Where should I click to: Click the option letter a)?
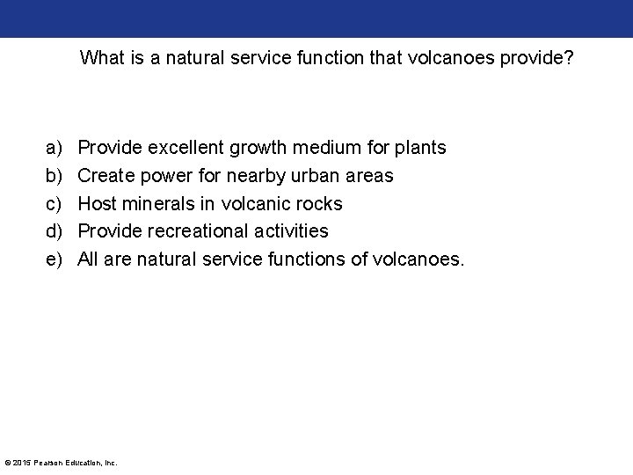53,148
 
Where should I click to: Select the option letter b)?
53,176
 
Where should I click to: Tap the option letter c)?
53,204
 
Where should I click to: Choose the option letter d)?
53,231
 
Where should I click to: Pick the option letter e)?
53,259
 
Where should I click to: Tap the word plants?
421,148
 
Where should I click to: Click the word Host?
96,204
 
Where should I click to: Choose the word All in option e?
90,259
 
